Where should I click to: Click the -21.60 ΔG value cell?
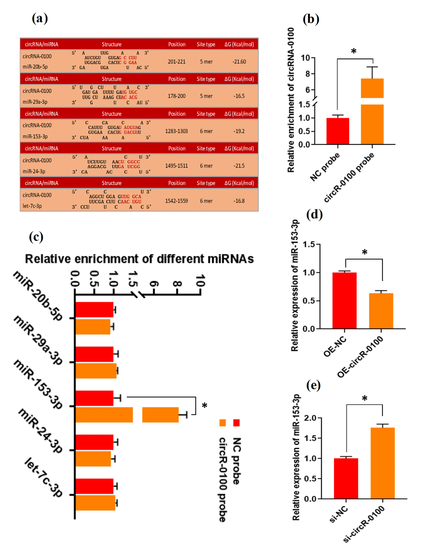(x=239, y=62)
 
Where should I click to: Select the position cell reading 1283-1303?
(x=176, y=131)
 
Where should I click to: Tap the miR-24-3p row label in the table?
(x=34, y=171)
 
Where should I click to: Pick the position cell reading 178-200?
(x=177, y=96)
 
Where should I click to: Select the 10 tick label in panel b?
(x=306, y=58)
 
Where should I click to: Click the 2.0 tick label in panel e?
(x=310, y=418)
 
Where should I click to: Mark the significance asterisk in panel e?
(x=365, y=398)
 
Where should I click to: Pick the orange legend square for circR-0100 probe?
(x=223, y=423)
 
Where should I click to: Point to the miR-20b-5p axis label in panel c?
(x=38, y=296)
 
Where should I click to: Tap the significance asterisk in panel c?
(x=205, y=406)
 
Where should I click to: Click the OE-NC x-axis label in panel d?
(x=335, y=347)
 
